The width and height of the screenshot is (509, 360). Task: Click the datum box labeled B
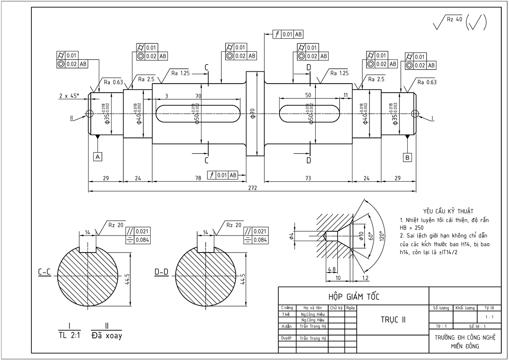click(408, 157)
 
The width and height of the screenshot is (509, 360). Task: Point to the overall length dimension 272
click(253, 187)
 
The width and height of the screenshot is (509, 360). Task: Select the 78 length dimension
click(198, 178)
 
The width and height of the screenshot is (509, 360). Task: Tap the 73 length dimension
click(308, 178)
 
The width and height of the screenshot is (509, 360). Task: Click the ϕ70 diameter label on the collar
click(252, 113)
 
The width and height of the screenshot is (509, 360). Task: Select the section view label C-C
click(45, 272)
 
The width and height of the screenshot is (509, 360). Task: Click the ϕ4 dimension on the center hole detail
click(291, 236)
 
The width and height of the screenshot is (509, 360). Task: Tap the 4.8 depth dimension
click(332, 269)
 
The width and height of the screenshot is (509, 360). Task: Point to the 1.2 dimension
click(365, 278)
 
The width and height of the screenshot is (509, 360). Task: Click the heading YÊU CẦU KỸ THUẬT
click(442, 211)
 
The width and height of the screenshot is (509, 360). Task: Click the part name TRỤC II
click(393, 320)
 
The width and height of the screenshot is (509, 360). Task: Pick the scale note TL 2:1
click(69, 335)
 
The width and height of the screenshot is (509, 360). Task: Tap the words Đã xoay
click(106, 335)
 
